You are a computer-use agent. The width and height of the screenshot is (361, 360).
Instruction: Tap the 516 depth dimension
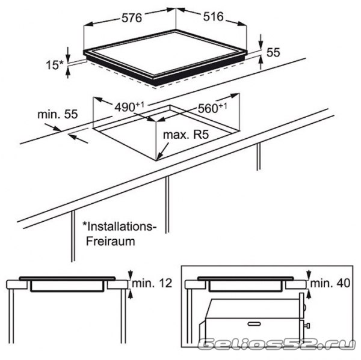pos(212,17)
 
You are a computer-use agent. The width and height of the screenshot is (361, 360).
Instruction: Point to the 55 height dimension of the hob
pos(273,53)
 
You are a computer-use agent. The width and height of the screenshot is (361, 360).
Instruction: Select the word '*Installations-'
pos(119,227)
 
